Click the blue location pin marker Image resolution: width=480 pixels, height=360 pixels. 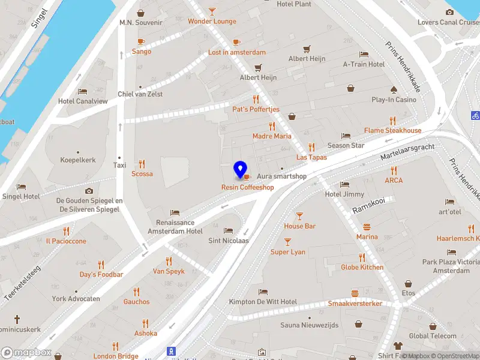pyautogui.click(x=241, y=170)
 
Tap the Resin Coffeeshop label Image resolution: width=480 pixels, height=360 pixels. pyautogui.click(x=248, y=187)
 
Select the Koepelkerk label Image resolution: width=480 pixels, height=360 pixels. pyautogui.click(x=78, y=160)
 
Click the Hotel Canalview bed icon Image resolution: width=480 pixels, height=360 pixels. pyautogui.click(x=83, y=91)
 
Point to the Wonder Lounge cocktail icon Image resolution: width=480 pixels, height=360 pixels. pyautogui.click(x=212, y=11)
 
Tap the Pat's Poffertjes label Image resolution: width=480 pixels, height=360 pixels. pyautogui.click(x=256, y=110)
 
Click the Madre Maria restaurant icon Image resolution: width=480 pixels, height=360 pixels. pyautogui.click(x=272, y=126)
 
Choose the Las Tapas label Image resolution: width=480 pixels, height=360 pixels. pyautogui.click(x=311, y=157)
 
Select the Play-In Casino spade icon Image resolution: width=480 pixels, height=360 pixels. pyautogui.click(x=394, y=90)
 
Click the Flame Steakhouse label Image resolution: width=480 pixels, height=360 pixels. pyautogui.click(x=392, y=130)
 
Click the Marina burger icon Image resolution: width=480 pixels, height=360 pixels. pyautogui.click(x=367, y=227)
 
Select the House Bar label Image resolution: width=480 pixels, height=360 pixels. pyautogui.click(x=299, y=226)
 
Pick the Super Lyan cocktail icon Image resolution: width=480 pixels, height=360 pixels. pyautogui.click(x=288, y=242)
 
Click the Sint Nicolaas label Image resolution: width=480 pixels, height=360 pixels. pyautogui.click(x=228, y=241)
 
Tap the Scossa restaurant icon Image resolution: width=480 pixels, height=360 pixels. pyautogui.click(x=142, y=163)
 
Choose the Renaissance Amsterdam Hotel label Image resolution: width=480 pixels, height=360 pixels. pyautogui.click(x=175, y=227)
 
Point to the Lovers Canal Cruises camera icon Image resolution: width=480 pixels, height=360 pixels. pyautogui.click(x=449, y=13)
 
